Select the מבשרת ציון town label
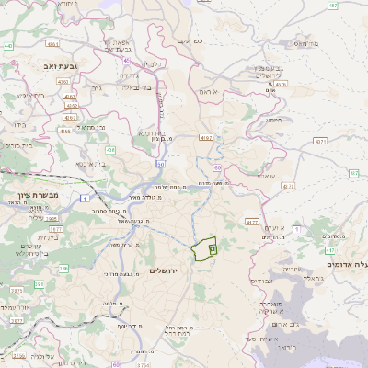(x=39, y=194)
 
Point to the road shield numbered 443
(x=8, y=44)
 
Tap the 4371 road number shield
(x=320, y=141)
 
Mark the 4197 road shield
(x=206, y=137)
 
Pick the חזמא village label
(x=274, y=121)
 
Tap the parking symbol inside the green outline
(x=212, y=247)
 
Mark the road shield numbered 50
(x=160, y=164)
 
